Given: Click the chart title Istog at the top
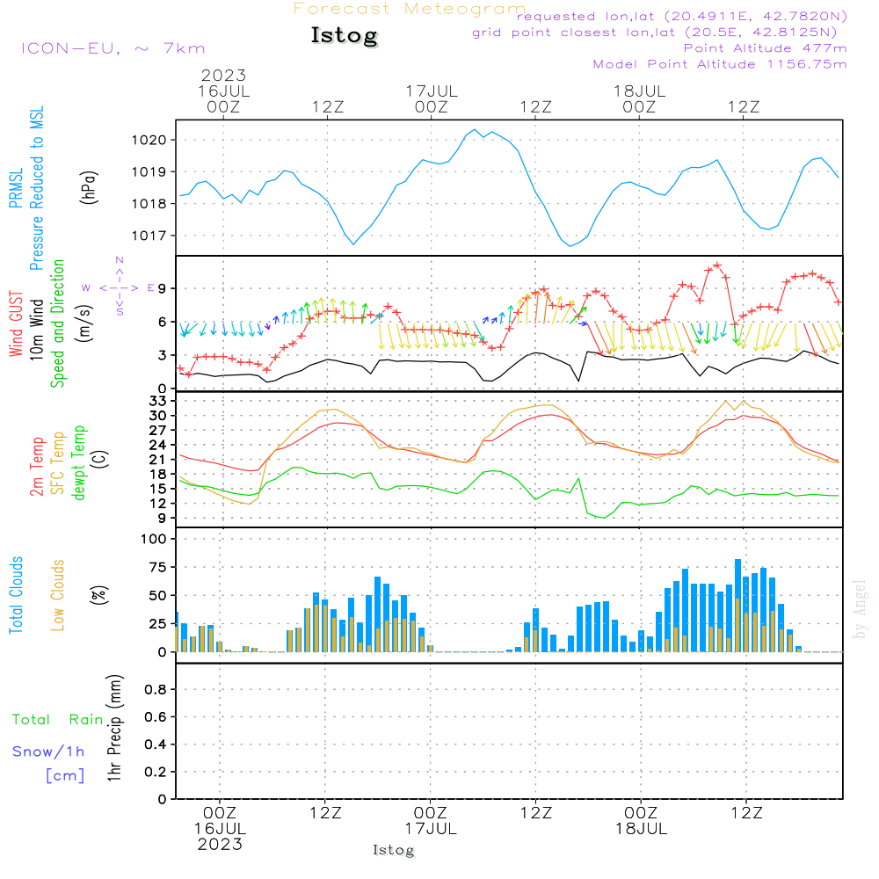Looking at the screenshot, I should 344,36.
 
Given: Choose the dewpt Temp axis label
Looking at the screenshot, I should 80,463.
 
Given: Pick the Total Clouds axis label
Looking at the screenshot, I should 16,595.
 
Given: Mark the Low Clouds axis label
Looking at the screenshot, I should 58,595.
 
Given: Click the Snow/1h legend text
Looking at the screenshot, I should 48,751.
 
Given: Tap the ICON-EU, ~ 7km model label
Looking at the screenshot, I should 113,48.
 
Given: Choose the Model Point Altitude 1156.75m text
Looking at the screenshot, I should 720,64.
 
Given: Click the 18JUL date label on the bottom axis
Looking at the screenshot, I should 641,829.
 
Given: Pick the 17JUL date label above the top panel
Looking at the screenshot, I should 432,91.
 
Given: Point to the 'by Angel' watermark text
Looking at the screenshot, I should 860,609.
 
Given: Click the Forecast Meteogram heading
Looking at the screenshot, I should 410,9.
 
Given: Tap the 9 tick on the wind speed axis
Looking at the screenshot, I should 162,288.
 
